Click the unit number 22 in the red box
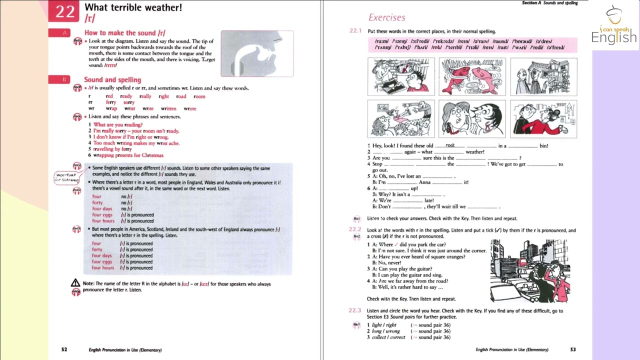tap(65, 11)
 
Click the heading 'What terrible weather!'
tap(133, 7)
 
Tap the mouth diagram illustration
tap(257, 53)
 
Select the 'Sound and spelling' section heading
tap(112, 79)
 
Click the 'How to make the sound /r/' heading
tap(124, 33)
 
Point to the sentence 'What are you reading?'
tap(118, 124)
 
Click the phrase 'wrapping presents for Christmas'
tap(128, 155)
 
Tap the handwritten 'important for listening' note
tap(66, 177)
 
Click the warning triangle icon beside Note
tap(75, 283)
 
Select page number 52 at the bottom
tap(64, 349)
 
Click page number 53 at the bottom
tap(573, 349)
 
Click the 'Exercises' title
tap(386, 17)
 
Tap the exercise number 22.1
tap(355, 31)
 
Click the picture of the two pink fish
tap(472, 76)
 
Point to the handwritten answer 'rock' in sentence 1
tap(450, 145)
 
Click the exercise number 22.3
tap(354, 310)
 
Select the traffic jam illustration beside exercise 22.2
tap(530, 270)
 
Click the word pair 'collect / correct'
tap(388, 337)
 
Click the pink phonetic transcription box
tap(472, 44)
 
